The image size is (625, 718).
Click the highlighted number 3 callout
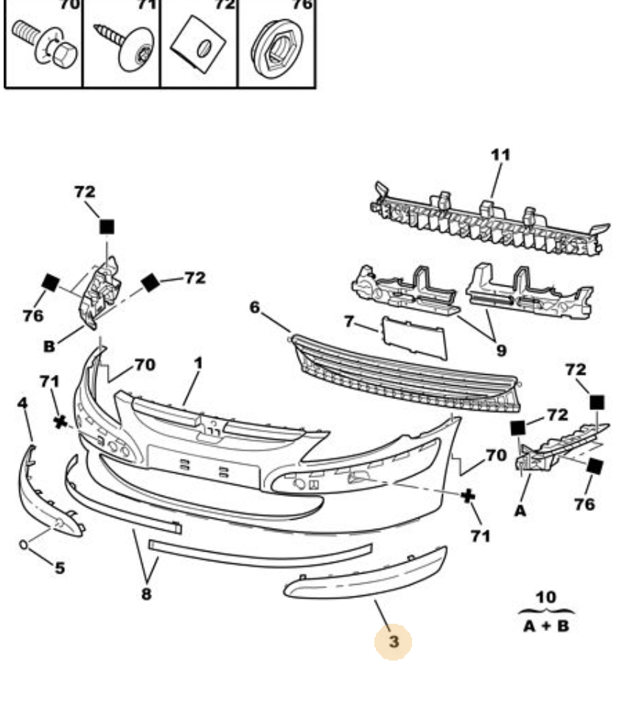pyautogui.click(x=394, y=641)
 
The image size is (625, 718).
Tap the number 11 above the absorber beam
pyautogui.click(x=500, y=155)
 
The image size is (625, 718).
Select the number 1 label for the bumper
pyautogui.click(x=198, y=363)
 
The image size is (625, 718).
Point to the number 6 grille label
pyautogui.click(x=255, y=307)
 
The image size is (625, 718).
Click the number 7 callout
pyautogui.click(x=349, y=322)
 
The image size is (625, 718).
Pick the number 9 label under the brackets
pyautogui.click(x=501, y=351)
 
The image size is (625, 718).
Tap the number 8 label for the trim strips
pyautogui.click(x=146, y=593)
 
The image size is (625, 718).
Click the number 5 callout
pyautogui.click(x=60, y=568)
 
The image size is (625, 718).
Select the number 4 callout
pyautogui.click(x=22, y=404)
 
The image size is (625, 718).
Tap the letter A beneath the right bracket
pyautogui.click(x=520, y=510)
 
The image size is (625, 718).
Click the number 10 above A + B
pyautogui.click(x=546, y=597)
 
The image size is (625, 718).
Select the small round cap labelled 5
pyautogui.click(x=24, y=544)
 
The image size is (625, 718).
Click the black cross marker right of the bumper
pyautogui.click(x=467, y=495)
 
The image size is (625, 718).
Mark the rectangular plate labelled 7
pyautogui.click(x=414, y=337)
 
